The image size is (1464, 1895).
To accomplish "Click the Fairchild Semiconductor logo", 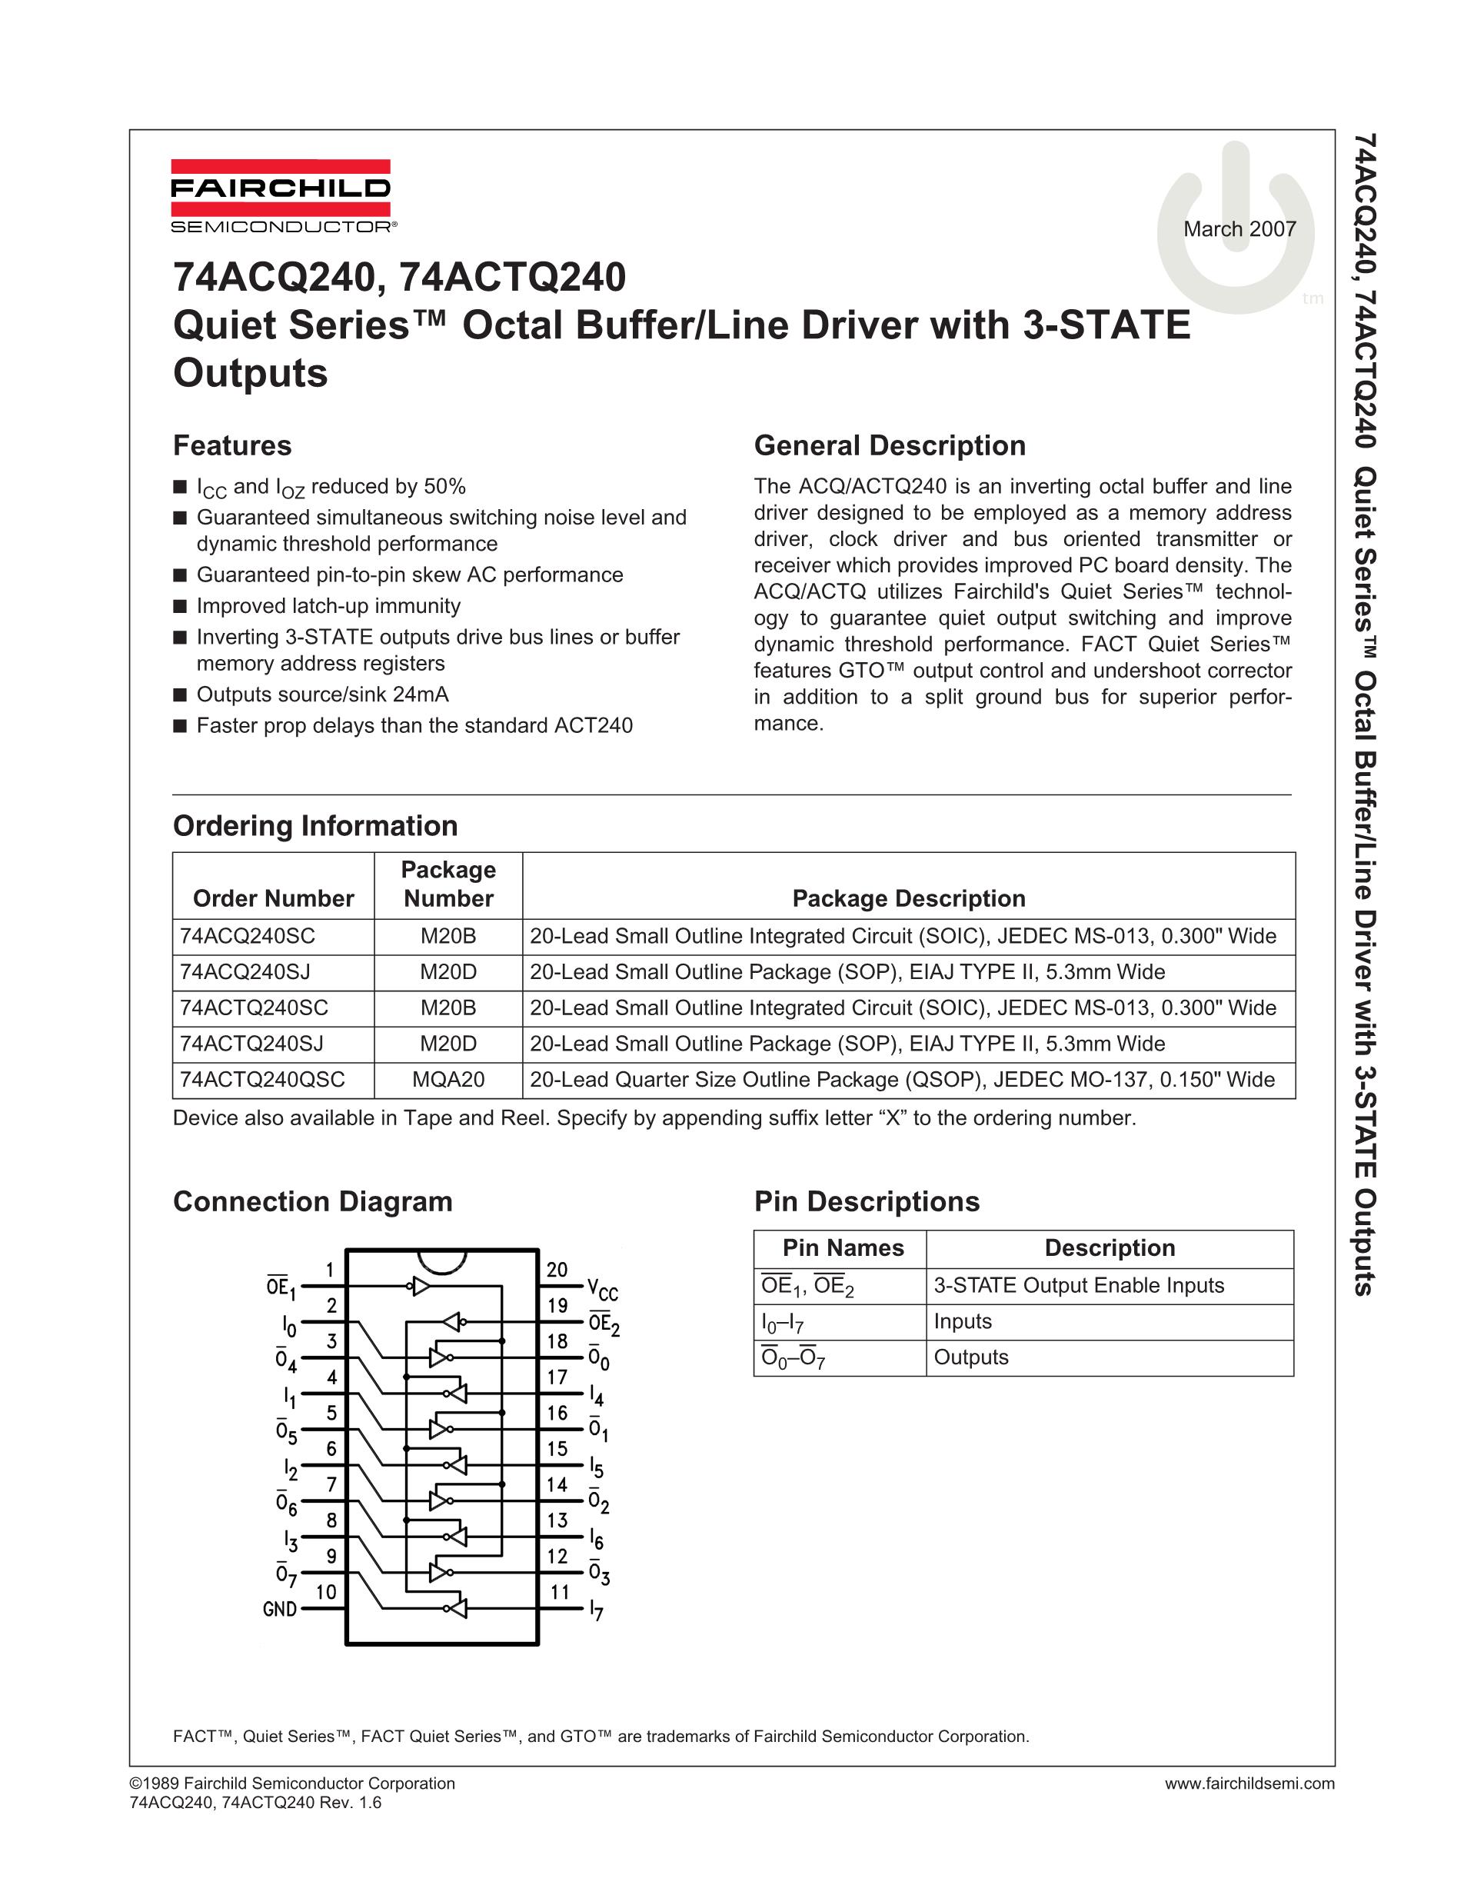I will click(280, 197).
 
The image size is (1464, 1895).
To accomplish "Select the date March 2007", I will click(1239, 229).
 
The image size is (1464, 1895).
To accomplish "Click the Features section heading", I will click(232, 446).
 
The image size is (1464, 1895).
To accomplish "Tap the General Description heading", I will click(890, 446).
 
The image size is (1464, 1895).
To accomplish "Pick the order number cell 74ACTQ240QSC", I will click(263, 1079).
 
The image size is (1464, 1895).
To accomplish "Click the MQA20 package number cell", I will click(448, 1079).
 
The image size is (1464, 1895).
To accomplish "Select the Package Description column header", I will click(909, 898).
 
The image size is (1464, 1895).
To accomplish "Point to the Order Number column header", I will click(273, 898).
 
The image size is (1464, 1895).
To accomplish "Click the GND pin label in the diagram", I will click(280, 1610).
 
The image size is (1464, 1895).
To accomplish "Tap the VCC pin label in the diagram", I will click(602, 1290).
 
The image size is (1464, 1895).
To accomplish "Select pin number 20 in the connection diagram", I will click(557, 1270).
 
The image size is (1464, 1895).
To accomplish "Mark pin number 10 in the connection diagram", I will click(326, 1591).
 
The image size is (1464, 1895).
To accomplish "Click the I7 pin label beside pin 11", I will click(596, 1611).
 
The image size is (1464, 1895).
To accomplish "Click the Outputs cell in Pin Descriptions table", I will click(971, 1357).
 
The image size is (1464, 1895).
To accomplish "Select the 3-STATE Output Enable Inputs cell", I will click(1079, 1286).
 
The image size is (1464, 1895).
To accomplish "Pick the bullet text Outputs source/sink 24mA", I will click(323, 694).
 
